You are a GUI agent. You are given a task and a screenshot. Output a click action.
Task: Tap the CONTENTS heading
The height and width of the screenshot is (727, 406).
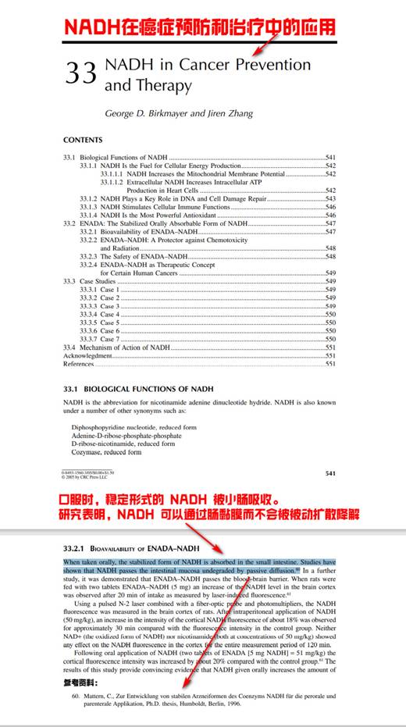coord(83,141)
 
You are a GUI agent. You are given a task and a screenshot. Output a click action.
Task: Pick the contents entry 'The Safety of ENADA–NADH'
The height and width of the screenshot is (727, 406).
coord(144,257)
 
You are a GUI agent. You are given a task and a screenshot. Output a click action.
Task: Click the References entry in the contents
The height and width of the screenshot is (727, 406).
coord(79,363)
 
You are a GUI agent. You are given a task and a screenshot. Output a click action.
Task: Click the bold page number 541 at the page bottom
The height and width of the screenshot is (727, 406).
coord(331,473)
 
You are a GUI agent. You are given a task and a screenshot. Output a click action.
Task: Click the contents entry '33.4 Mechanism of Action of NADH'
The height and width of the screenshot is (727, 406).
coord(117,347)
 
